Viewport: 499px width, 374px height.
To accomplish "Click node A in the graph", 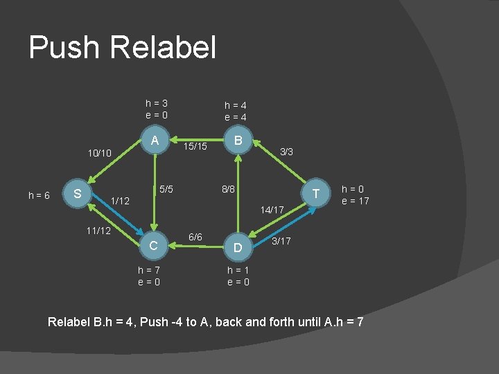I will pyautogui.click(x=155, y=141).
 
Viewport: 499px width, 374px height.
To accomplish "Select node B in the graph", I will pyautogui.click(x=238, y=141).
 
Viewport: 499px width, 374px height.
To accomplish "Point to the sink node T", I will pyautogui.click(x=315, y=193).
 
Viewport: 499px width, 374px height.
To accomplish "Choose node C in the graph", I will pyautogui.click(x=155, y=245).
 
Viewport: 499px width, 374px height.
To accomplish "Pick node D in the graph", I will pyautogui.click(x=238, y=247).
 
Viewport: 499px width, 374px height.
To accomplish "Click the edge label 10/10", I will pyautogui.click(x=99, y=152).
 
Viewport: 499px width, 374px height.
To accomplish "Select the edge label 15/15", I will pyautogui.click(x=195, y=147).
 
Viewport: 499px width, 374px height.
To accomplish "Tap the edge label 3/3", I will pyautogui.click(x=286, y=150).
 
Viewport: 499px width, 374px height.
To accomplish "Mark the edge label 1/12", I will pyautogui.click(x=120, y=201).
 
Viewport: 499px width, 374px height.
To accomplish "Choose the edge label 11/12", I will pyautogui.click(x=99, y=229).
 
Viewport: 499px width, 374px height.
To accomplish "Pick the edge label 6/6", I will pyautogui.click(x=195, y=238).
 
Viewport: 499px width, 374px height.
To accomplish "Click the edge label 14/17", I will pyautogui.click(x=272, y=209).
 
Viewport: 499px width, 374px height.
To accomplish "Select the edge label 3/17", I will pyautogui.click(x=282, y=241).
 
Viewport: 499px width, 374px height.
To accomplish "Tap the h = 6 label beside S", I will pyautogui.click(x=39, y=196).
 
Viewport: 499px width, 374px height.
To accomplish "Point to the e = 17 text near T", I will pyautogui.click(x=356, y=201).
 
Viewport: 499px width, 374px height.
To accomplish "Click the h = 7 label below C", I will pyautogui.click(x=150, y=269).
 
